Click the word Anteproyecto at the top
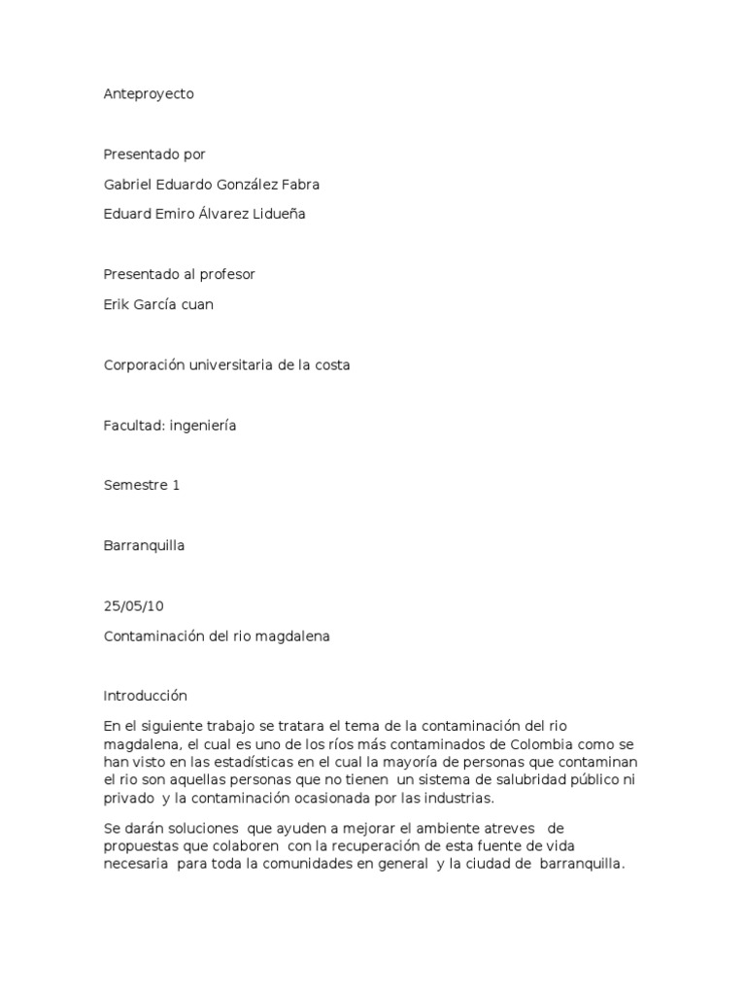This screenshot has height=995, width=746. click(x=149, y=94)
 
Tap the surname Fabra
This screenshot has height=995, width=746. click(x=300, y=185)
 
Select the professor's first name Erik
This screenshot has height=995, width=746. click(x=116, y=305)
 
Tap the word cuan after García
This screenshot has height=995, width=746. click(x=196, y=305)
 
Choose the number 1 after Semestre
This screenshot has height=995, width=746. click(x=176, y=486)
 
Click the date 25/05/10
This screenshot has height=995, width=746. click(x=133, y=606)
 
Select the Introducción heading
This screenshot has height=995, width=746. click(x=145, y=696)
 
